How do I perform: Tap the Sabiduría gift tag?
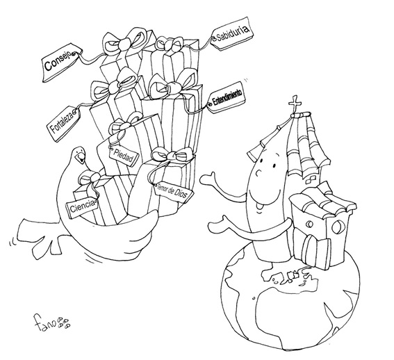click(x=232, y=33)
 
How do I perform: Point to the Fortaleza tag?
click(x=63, y=123)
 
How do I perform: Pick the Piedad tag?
click(x=124, y=156)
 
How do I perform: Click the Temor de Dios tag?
click(x=174, y=193)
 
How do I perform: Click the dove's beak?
click(x=81, y=158)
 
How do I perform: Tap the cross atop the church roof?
click(x=295, y=104)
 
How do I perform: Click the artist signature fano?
click(x=52, y=322)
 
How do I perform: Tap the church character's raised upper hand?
click(x=208, y=180)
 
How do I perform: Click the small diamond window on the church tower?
click(x=311, y=179)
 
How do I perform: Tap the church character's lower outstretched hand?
click(x=216, y=225)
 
